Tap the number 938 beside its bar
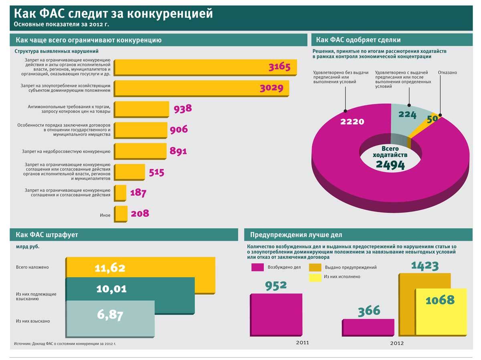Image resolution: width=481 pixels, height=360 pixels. (x=183, y=108)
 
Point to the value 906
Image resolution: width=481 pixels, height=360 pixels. (x=178, y=129)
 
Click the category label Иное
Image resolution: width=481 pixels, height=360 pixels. (x=105, y=215)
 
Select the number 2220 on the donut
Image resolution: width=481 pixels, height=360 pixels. (x=352, y=121)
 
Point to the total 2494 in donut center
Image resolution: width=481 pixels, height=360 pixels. (x=390, y=165)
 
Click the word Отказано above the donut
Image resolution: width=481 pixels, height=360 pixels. (x=447, y=72)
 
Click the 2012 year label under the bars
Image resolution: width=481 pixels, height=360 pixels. (x=397, y=343)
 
